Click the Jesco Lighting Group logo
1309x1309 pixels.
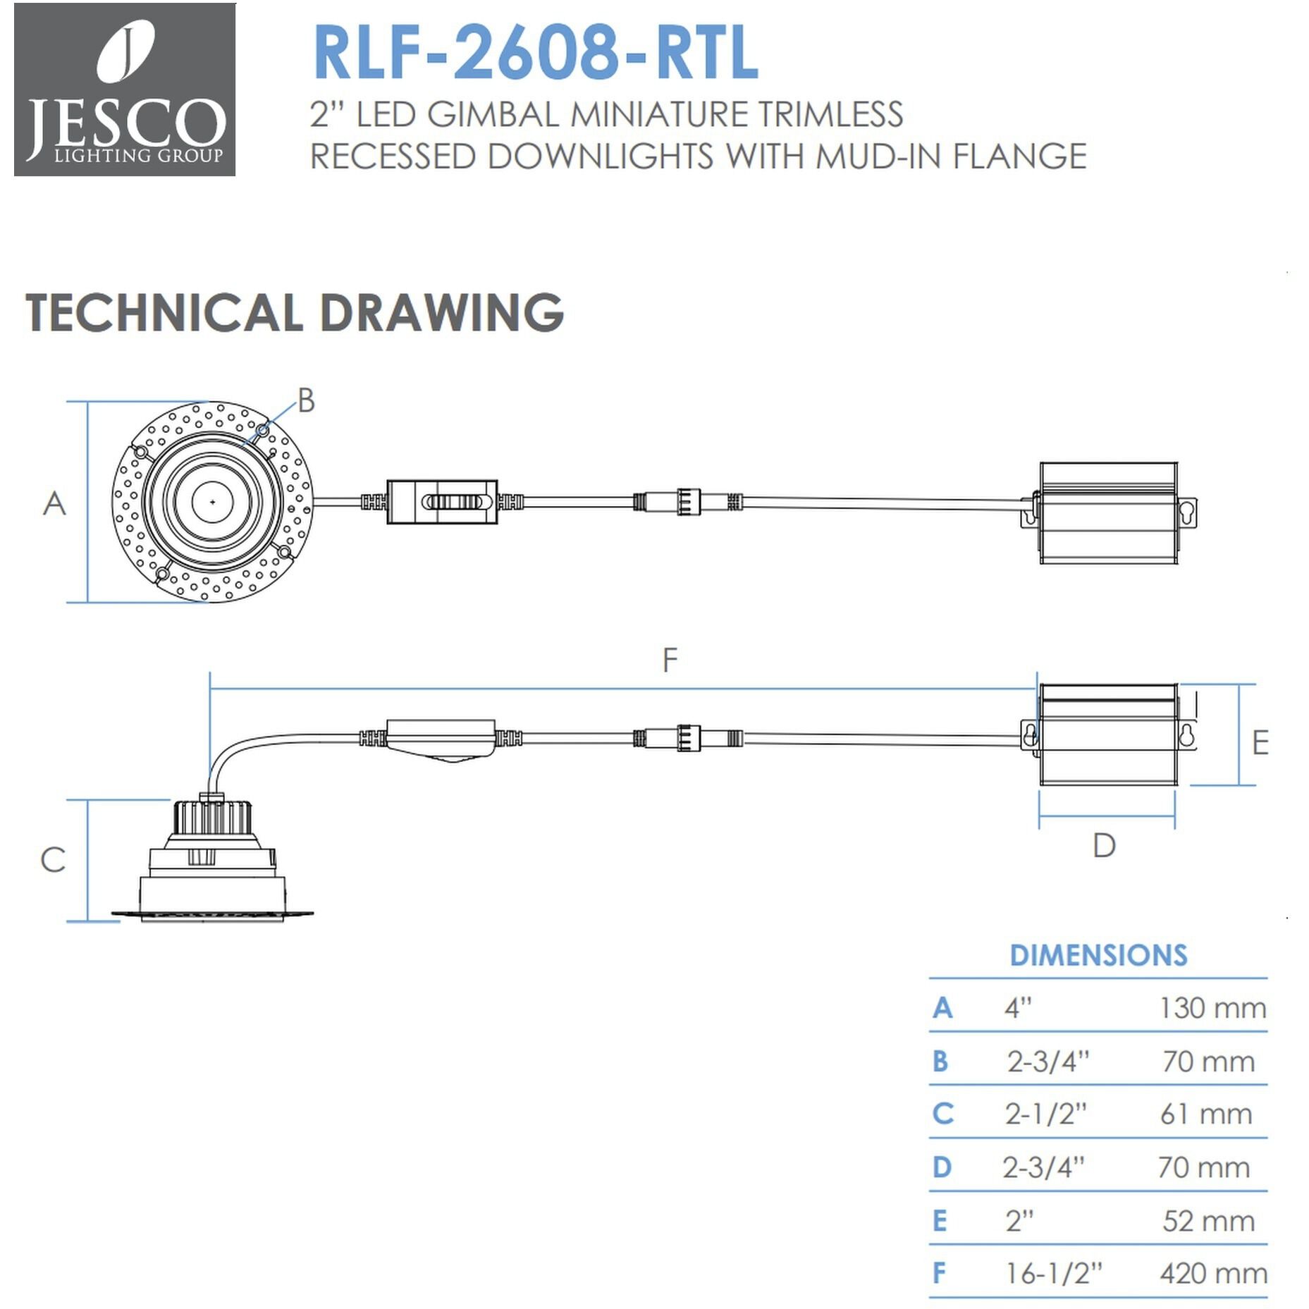coord(125,90)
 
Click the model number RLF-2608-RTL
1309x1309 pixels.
coord(536,54)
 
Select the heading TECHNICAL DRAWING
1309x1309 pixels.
coord(295,312)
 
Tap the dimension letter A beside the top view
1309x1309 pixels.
coord(54,503)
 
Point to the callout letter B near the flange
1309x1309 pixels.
coord(306,400)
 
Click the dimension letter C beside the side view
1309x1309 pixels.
coord(53,859)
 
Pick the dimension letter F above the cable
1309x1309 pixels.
coord(670,660)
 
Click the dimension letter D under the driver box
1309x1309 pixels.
coord(1104,845)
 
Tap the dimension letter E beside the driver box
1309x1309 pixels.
coord(1260,743)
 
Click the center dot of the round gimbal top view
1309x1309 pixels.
coord(212,502)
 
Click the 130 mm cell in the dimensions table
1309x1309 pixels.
coord(1212,1008)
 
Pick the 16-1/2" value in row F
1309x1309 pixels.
coord(1053,1273)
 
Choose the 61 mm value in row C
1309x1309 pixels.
coord(1206,1114)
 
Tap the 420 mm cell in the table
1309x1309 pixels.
coord(1213,1273)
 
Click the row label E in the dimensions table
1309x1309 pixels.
coord(940,1220)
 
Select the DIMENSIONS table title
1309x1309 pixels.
coord(1098,955)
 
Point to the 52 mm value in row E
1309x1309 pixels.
coord(1208,1220)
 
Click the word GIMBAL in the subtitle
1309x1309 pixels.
coord(493,115)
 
